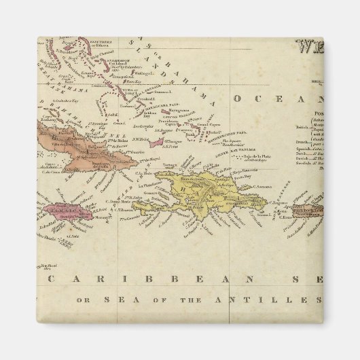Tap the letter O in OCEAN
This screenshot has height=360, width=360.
pyautogui.click(x=239, y=100)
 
